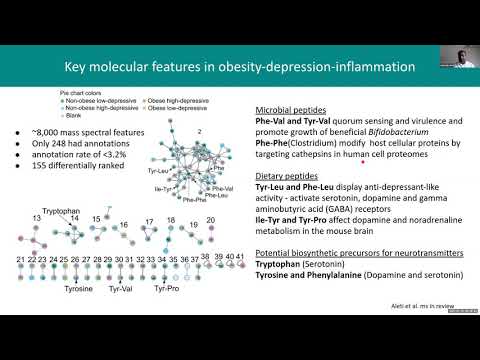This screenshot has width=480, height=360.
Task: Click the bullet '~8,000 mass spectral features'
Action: [75, 134]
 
